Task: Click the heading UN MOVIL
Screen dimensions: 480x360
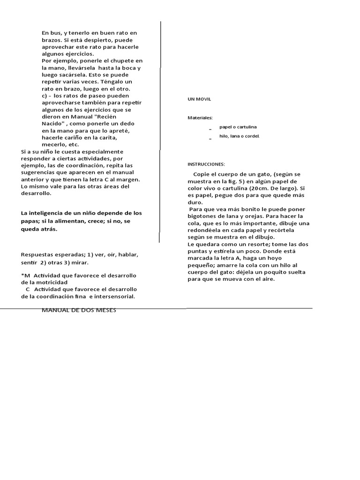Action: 199,99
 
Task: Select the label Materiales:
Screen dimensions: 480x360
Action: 200,118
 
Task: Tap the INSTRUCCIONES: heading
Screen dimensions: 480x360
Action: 206,164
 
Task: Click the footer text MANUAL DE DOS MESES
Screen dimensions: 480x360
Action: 79,310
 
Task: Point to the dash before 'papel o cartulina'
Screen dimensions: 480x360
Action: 210,128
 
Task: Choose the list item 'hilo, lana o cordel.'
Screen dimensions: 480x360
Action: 239,136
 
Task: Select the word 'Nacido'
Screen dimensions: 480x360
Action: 52,124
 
